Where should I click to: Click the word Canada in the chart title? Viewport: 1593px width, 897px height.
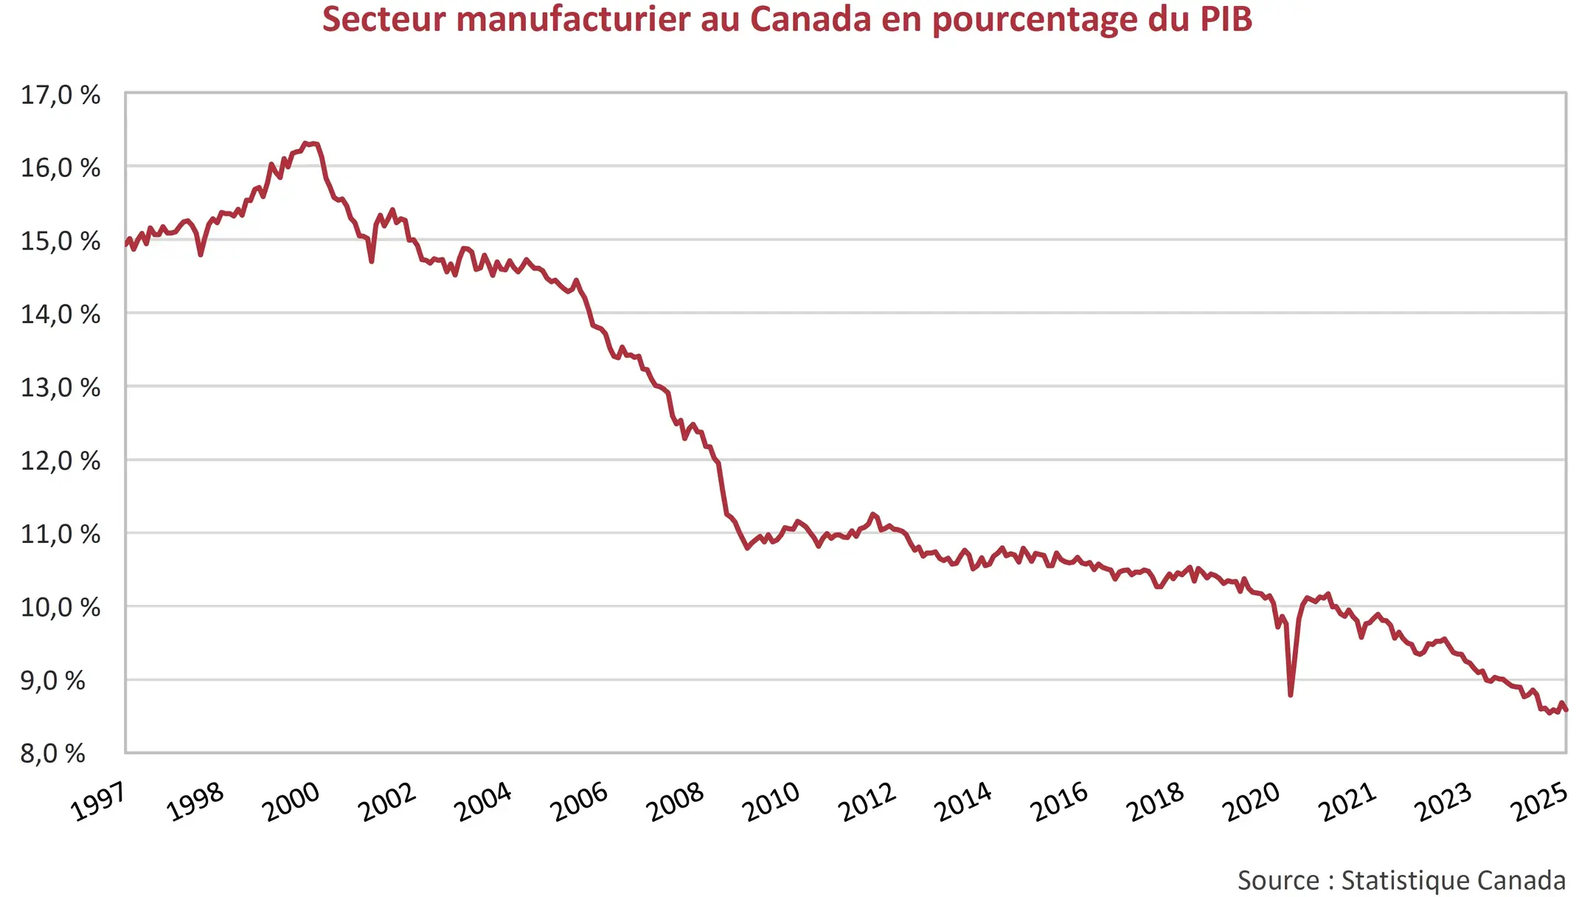tap(811, 19)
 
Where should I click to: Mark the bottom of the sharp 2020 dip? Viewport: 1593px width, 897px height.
tap(1290, 694)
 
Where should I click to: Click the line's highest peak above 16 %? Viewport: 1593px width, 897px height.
tap(305, 143)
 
